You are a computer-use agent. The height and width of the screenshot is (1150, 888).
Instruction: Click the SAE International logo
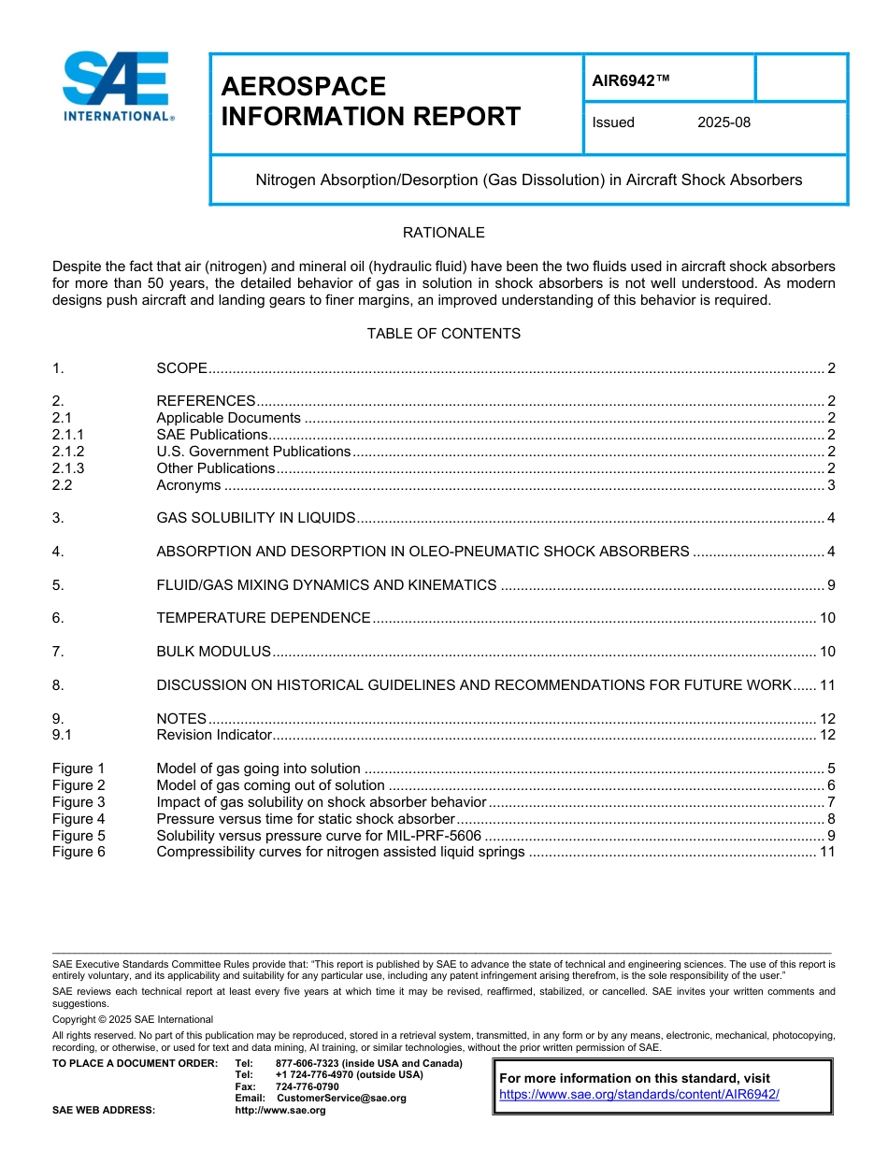(118, 87)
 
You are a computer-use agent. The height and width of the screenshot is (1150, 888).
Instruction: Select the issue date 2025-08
(723, 122)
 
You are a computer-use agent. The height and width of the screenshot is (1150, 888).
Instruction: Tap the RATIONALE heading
(443, 233)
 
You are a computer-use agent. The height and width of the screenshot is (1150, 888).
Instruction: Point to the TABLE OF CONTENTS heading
(443, 334)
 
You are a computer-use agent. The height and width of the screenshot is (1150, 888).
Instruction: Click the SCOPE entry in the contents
(181, 368)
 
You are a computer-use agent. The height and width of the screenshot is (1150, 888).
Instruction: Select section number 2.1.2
(68, 452)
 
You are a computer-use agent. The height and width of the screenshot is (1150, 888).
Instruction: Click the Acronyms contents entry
(189, 485)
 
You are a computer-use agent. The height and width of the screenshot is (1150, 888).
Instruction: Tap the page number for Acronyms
(830, 485)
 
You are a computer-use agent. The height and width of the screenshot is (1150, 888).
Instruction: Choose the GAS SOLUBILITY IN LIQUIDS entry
(255, 518)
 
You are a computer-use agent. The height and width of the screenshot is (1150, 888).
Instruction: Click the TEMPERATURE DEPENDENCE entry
(263, 618)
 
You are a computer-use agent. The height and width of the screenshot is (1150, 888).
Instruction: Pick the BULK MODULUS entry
(213, 652)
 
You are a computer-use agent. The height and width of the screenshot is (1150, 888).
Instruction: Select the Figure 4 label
(79, 819)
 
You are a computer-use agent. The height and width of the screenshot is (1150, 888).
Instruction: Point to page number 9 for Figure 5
(830, 836)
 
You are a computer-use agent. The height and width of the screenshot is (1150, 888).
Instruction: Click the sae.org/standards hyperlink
(638, 1094)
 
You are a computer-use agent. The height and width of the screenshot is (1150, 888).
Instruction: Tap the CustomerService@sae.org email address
(341, 1098)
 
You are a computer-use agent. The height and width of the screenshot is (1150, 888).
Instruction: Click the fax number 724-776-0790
(307, 1086)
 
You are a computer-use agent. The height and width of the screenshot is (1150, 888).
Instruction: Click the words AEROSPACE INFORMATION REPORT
(370, 102)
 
